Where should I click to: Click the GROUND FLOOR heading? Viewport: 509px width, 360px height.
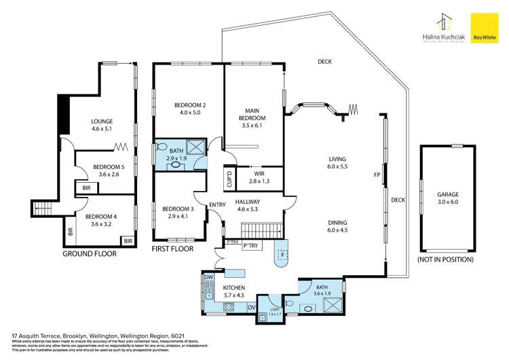click(90, 253)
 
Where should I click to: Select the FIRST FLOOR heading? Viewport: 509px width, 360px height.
click(173, 249)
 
